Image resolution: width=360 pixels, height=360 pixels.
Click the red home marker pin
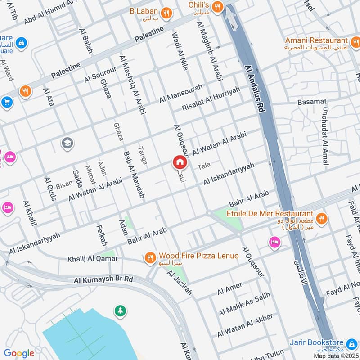pyautogui.click(x=179, y=162)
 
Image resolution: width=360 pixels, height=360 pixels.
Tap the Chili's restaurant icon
pyautogui.click(x=218, y=6)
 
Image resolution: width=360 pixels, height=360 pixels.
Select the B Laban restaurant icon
pyautogui.click(x=166, y=13)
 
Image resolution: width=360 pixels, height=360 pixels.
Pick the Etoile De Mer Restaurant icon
pyautogui.click(x=321, y=219)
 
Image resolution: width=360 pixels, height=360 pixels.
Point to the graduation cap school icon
pyautogui.click(x=68, y=143)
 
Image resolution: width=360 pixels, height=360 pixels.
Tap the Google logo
pyautogui.click(x=19, y=353)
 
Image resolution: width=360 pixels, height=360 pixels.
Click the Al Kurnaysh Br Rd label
pyautogui.click(x=104, y=279)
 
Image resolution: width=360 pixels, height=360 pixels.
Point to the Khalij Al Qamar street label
pyautogui.click(x=92, y=259)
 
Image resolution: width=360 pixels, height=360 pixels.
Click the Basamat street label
pyautogui.click(x=312, y=102)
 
